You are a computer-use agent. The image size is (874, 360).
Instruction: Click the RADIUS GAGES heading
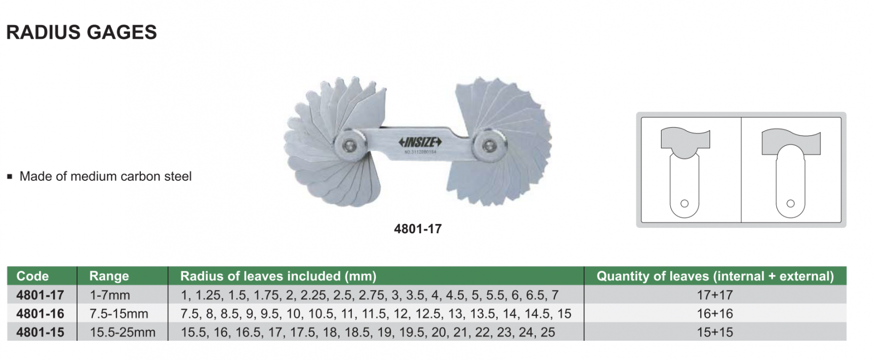[81, 32]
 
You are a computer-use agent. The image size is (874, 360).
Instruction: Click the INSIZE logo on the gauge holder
[420, 142]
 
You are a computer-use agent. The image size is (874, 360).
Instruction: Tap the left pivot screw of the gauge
[350, 145]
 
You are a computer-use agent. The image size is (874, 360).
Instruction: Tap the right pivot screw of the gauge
[488, 146]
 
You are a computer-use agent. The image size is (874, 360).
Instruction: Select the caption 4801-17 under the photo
[417, 228]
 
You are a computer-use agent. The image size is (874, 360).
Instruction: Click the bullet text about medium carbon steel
[105, 176]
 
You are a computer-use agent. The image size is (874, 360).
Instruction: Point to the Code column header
[32, 276]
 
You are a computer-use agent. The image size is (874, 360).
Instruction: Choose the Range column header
[109, 276]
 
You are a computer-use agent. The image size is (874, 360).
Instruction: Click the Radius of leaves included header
[278, 276]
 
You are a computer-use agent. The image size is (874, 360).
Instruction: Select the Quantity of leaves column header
[715, 276]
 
